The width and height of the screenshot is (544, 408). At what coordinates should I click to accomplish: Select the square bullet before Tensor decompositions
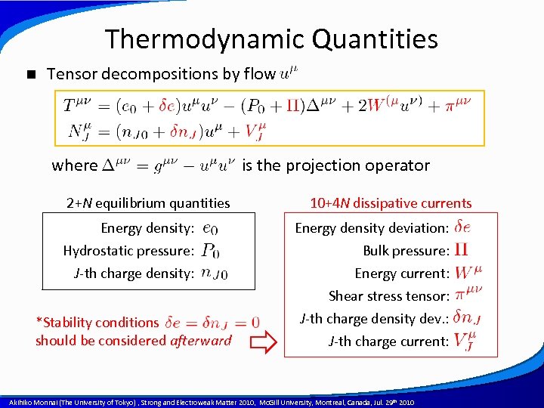30,74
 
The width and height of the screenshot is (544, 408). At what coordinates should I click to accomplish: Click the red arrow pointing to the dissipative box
263,345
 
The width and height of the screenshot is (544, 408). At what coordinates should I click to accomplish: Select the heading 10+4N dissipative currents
391,202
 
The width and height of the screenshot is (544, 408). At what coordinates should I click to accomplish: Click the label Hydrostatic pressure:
129,251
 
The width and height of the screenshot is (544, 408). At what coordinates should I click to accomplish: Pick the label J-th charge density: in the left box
134,274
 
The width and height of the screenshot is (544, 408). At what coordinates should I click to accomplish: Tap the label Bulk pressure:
406,251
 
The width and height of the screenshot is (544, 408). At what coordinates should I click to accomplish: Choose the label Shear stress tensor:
389,296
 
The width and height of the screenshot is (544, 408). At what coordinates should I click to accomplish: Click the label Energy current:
402,274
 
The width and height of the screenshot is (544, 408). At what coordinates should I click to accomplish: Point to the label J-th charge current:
388,342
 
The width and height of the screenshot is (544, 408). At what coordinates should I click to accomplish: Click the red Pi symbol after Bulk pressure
462,250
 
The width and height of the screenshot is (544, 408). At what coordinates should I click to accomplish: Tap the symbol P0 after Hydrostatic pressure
212,251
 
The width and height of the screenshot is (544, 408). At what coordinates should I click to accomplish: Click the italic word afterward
201,341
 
